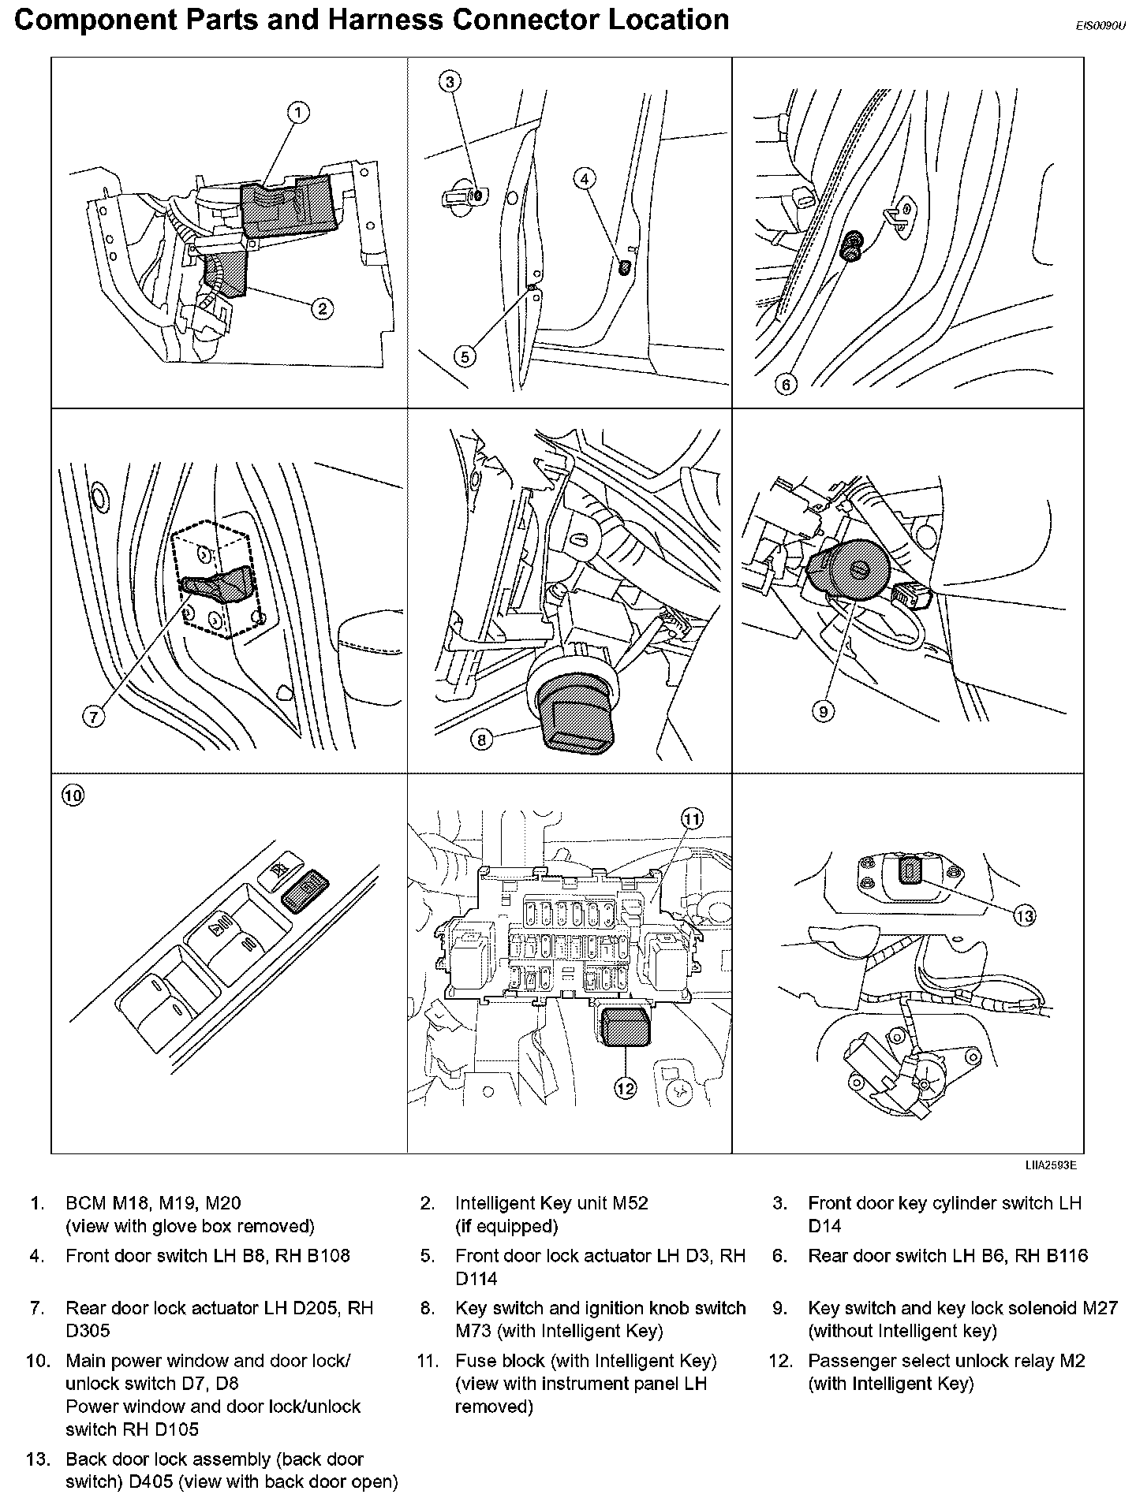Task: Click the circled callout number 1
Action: tap(297, 114)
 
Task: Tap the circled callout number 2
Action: tap(322, 307)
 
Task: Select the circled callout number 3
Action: tap(449, 81)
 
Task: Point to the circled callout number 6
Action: tap(786, 385)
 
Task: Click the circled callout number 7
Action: tap(93, 717)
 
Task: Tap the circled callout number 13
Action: tap(1024, 915)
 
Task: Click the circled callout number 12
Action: tap(625, 1089)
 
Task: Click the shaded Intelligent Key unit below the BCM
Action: tap(228, 272)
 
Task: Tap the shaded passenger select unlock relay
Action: tap(624, 1027)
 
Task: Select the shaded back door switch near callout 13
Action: tap(910, 870)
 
